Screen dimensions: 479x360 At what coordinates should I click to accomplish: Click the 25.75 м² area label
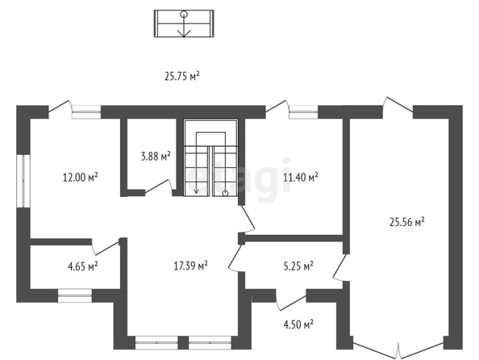point(182,76)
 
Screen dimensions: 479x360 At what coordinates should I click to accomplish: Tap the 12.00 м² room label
point(81,177)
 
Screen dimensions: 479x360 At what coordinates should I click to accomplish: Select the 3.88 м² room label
point(156,157)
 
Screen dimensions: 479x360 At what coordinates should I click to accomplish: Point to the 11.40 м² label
point(301,177)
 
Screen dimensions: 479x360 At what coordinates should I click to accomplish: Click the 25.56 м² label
point(407,222)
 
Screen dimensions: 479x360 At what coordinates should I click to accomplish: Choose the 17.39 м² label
point(190,266)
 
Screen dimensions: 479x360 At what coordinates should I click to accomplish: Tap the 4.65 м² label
point(83,266)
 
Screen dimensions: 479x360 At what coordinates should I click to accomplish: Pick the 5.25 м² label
point(298,266)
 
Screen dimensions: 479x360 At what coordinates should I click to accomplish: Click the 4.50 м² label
point(298,324)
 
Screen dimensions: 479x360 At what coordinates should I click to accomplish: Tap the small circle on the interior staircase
point(225,193)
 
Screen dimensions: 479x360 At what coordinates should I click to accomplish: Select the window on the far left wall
point(23,181)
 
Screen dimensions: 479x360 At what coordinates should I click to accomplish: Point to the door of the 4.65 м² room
point(106,247)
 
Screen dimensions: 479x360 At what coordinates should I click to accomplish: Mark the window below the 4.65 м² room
point(75,295)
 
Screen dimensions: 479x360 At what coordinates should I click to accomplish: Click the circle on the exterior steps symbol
point(184,14)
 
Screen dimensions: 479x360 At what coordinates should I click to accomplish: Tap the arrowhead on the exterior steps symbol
point(184,33)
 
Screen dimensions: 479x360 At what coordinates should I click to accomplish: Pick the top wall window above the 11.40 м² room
point(303,112)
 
